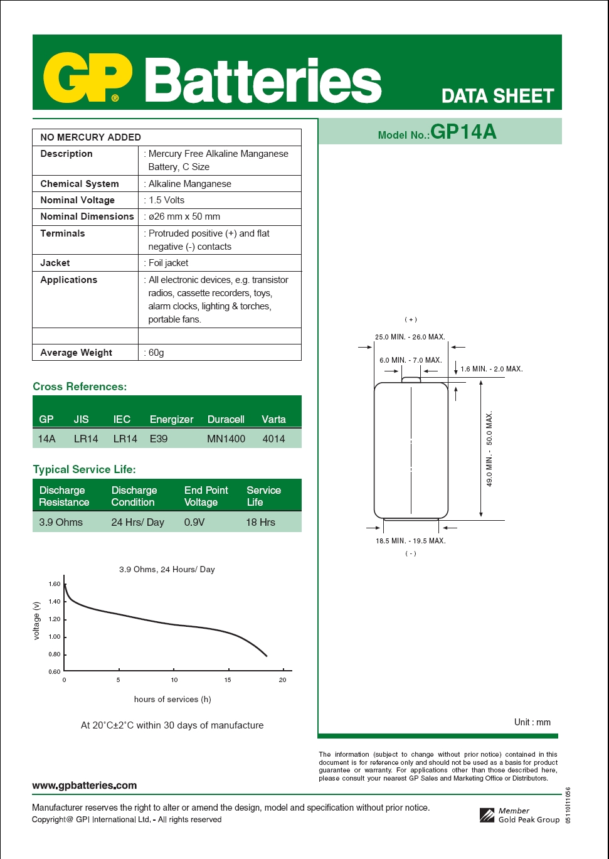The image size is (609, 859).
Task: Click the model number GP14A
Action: (463, 132)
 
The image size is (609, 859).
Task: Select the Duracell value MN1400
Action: (226, 439)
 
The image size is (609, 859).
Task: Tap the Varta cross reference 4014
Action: (273, 439)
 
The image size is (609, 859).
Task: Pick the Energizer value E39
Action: (159, 439)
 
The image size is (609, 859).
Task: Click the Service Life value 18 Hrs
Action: (260, 522)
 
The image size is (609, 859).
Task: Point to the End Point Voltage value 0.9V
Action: (194, 522)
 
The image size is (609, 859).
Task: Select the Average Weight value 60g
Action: (156, 353)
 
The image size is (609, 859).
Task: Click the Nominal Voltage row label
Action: (77, 200)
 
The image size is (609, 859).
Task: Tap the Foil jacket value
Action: (168, 263)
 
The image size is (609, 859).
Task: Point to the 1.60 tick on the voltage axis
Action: (55, 584)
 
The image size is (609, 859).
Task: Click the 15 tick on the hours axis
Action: (228, 680)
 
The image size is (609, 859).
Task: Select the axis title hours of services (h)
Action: (172, 699)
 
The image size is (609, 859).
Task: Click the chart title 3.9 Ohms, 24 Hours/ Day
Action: (167, 569)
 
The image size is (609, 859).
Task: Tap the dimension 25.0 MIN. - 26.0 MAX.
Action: (410, 337)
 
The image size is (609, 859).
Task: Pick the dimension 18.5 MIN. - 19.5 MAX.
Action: (411, 541)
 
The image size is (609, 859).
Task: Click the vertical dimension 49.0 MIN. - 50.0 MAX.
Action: (489, 449)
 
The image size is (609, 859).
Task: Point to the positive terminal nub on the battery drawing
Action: (411, 379)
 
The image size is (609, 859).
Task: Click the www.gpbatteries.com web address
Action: (84, 786)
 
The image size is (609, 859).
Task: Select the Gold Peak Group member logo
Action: (487, 815)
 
